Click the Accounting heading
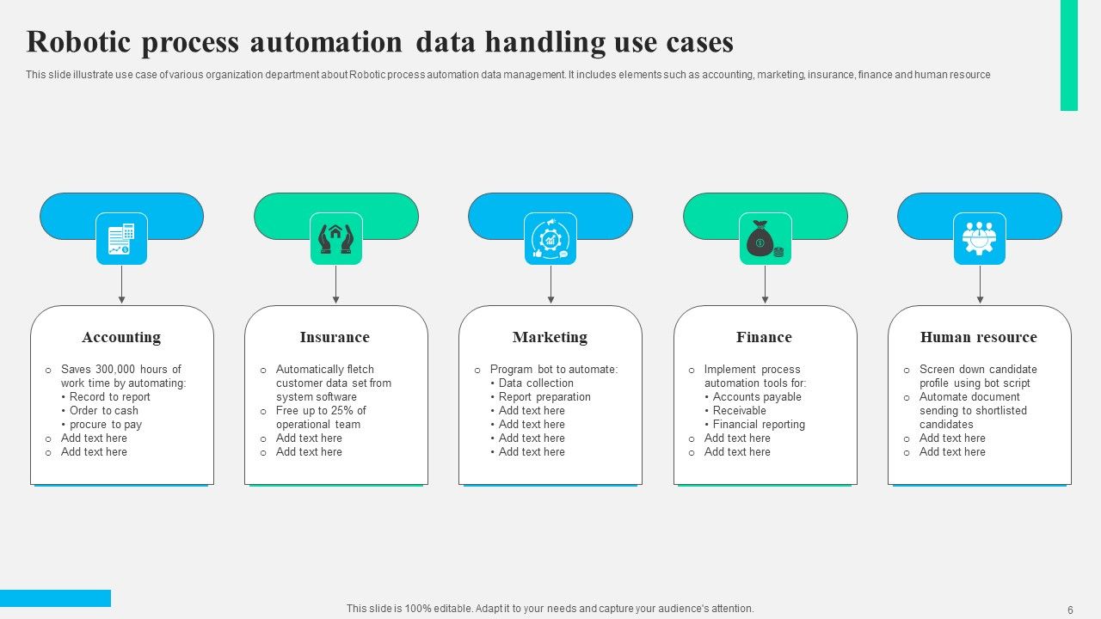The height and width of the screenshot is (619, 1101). [121, 337]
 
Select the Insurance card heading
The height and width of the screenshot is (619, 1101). [335, 337]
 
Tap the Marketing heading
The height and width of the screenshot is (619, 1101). [550, 337]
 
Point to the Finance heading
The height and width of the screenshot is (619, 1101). [764, 337]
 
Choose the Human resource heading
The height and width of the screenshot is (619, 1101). [978, 337]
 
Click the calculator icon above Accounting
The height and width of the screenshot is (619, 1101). [121, 238]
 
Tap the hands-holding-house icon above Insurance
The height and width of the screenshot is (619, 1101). [335, 238]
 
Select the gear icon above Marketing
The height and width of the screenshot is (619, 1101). [550, 238]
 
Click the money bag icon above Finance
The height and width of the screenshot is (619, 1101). [765, 238]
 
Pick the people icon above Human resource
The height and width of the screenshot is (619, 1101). [979, 238]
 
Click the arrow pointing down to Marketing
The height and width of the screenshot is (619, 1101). [550, 285]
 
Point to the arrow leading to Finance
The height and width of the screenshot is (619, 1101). [765, 285]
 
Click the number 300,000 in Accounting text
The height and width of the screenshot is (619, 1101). [115, 370]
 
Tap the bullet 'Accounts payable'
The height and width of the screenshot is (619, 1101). [757, 397]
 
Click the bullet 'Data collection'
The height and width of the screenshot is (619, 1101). [536, 383]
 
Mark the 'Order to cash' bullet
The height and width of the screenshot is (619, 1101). [104, 411]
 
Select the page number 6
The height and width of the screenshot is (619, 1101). [1070, 610]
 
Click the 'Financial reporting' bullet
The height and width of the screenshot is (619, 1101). [759, 425]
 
